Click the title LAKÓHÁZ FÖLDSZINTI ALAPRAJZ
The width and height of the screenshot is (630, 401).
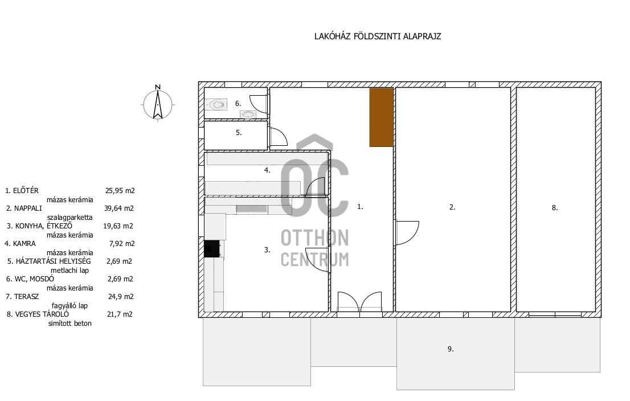[378, 36]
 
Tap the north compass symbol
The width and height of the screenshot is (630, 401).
[158, 104]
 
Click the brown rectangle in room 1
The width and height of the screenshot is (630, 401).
[381, 117]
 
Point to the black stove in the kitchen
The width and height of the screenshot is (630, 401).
[212, 249]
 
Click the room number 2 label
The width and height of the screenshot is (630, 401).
[452, 207]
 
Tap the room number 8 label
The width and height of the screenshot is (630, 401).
[555, 208]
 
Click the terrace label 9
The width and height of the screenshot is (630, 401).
[451, 349]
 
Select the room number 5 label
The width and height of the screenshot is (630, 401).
[239, 133]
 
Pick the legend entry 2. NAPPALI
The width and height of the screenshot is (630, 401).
[24, 208]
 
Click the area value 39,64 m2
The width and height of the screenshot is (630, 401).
[119, 208]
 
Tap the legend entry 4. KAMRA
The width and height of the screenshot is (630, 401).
[20, 243]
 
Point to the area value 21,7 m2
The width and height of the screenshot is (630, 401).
[120, 314]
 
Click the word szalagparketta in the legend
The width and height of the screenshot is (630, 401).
[70, 218]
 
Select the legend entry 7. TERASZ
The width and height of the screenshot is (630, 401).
[22, 297]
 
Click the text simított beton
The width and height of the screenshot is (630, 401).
[70, 324]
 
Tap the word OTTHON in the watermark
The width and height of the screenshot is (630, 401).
[314, 238]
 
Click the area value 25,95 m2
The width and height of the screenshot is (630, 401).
[120, 190]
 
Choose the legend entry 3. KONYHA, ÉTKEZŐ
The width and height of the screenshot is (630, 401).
[39, 226]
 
